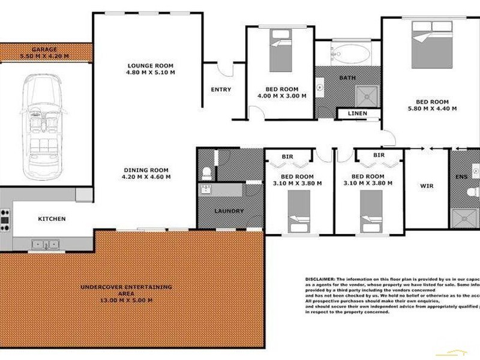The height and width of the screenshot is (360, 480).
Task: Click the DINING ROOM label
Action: point(147,173)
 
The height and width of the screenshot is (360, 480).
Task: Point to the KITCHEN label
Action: point(52,219)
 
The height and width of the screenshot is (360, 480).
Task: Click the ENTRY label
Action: point(221,90)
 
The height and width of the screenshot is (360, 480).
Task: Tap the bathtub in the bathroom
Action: point(346,55)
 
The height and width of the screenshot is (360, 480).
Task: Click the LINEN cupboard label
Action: point(358,113)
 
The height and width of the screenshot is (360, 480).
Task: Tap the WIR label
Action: point(427,186)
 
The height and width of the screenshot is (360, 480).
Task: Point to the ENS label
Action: point(461,178)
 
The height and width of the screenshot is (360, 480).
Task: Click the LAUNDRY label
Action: point(229,211)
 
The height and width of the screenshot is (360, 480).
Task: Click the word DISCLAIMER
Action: point(320,280)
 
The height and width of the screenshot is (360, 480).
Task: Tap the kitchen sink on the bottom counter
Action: point(46,244)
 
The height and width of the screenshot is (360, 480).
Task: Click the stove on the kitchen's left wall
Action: point(5,220)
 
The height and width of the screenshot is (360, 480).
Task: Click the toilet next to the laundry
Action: point(207,173)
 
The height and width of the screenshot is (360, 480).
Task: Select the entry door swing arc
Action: point(224,68)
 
